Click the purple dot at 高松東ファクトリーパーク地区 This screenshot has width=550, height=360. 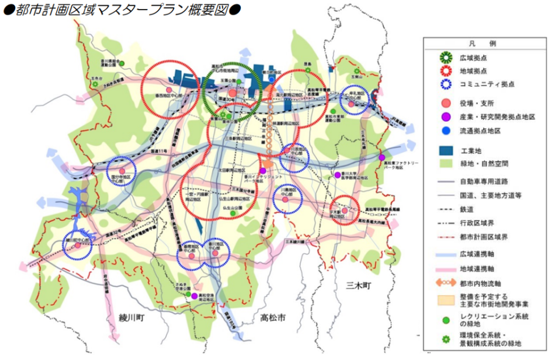382,157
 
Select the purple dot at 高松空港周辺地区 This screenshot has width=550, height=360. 194,296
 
